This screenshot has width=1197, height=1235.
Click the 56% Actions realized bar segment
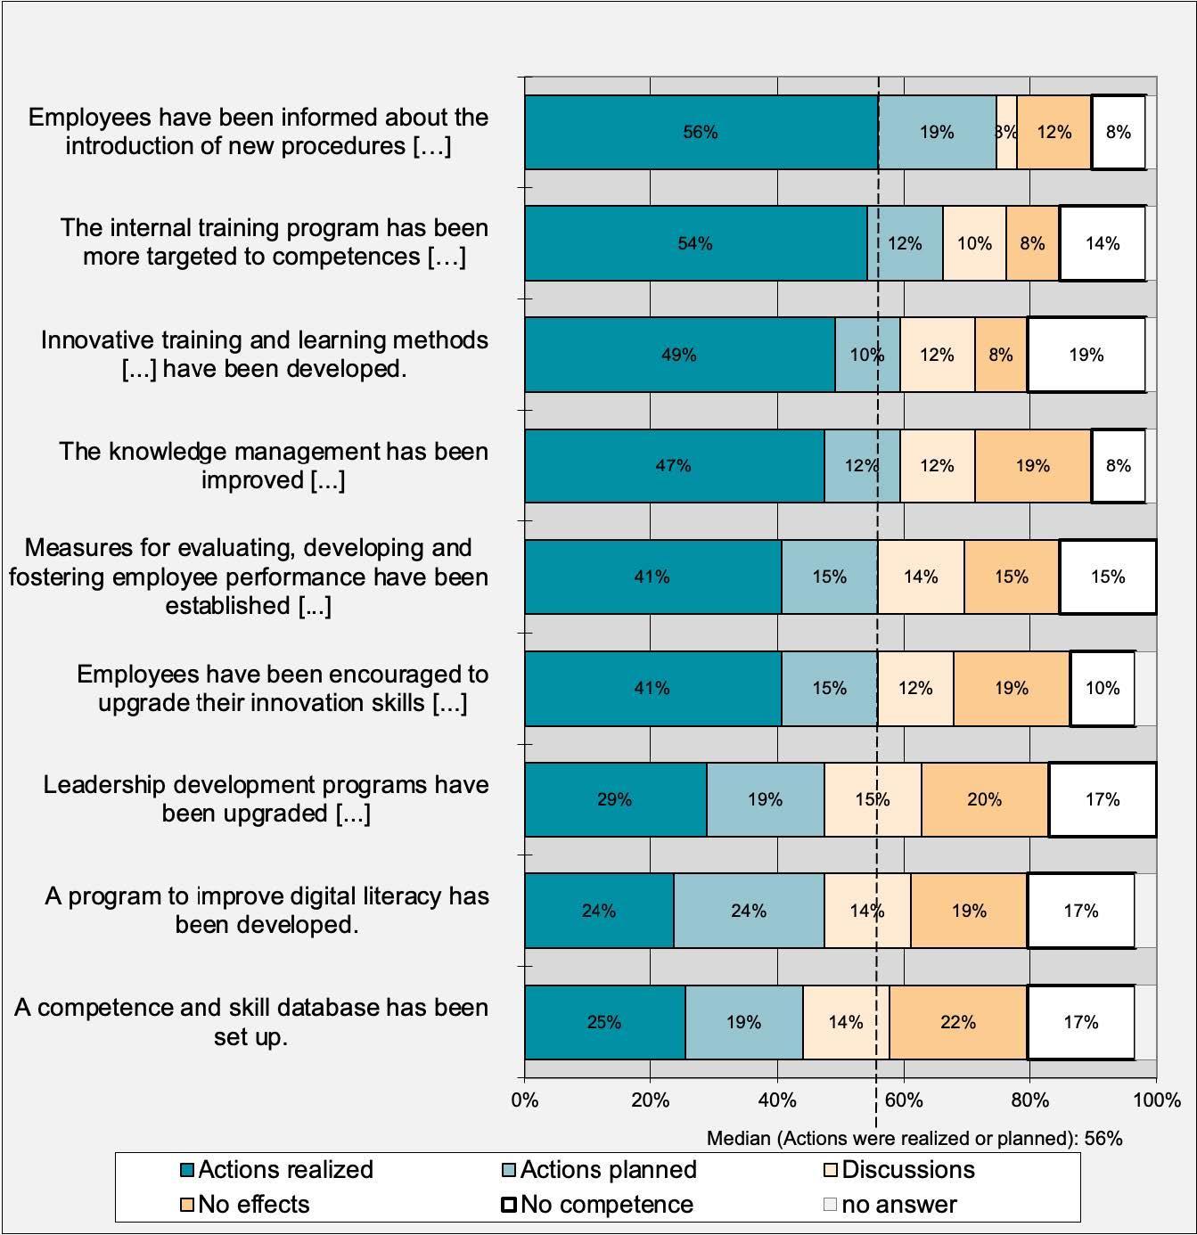pyautogui.click(x=701, y=132)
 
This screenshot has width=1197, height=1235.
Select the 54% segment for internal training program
pyautogui.click(x=695, y=243)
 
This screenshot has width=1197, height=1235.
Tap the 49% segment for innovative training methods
pyautogui.click(x=679, y=355)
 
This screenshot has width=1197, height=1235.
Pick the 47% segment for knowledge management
pyautogui.click(x=674, y=465)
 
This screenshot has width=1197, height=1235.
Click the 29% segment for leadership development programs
pyautogui.click(x=615, y=799)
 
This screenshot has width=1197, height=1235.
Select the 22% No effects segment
pyautogui.click(x=958, y=1022)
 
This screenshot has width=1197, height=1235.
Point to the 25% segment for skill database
pyautogui.click(x=604, y=1022)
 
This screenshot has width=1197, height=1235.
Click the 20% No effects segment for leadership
pyautogui.click(x=984, y=799)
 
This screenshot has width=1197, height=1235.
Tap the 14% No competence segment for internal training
pyautogui.click(x=1103, y=243)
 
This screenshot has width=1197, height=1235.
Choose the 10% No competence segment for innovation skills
pyautogui.click(x=1103, y=688)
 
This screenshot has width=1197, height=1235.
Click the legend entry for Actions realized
pyautogui.click(x=276, y=1170)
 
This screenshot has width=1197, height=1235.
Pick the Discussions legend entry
pyautogui.click(x=899, y=1170)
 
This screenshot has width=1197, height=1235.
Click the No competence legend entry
pyautogui.click(x=598, y=1205)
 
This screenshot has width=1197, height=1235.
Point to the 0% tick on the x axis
pyautogui.click(x=525, y=1100)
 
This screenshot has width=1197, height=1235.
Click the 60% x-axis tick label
pyautogui.click(x=904, y=1100)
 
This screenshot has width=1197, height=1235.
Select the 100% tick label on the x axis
pyautogui.click(x=1156, y=1100)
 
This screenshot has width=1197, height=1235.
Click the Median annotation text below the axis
pyautogui.click(x=914, y=1138)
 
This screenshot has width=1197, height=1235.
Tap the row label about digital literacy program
pyautogui.click(x=266, y=910)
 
